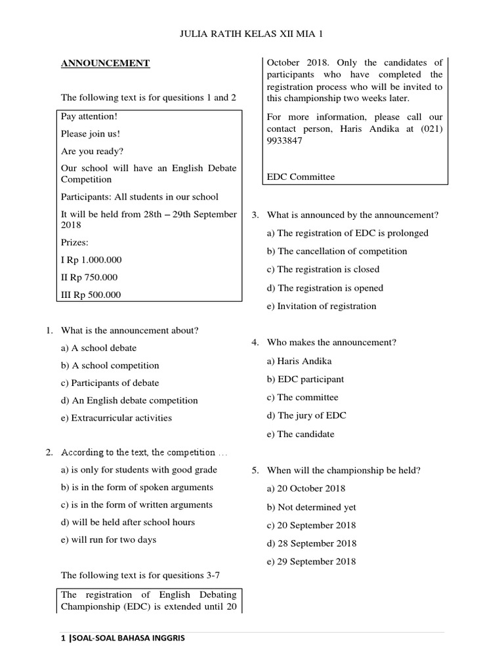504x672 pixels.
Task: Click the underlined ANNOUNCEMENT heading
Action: coord(105,64)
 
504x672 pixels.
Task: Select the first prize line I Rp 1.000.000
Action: coord(91,260)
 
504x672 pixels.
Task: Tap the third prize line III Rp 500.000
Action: coord(91,295)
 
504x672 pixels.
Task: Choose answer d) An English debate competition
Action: coord(129,400)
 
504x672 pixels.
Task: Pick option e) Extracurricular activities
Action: coord(116,418)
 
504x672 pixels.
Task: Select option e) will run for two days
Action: coord(108,540)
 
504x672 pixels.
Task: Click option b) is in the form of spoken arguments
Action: coord(136,488)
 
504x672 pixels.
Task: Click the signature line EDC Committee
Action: coord(301,177)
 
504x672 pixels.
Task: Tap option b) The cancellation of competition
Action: coord(337,251)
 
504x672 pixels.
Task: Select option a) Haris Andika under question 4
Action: coord(299,361)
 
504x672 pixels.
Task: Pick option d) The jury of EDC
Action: coord(306,415)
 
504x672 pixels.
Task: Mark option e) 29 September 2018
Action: coord(312,562)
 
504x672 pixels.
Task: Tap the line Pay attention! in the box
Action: coord(89,116)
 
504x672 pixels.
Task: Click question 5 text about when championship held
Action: coord(344,471)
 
